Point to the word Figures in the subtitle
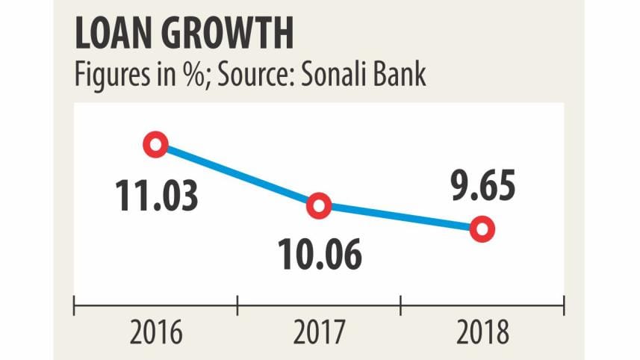108,75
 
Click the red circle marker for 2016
156,144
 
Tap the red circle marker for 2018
482,229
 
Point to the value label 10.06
320,255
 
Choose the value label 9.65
482,186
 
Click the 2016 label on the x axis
156,334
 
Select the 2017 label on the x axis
319,334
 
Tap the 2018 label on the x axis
482,334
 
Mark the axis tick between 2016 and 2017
237,305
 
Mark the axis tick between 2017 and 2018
401,305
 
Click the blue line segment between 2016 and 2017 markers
237,175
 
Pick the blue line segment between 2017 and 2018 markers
401,217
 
